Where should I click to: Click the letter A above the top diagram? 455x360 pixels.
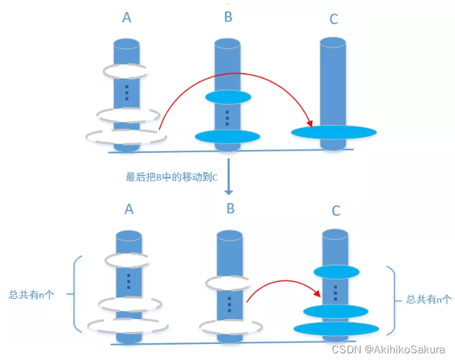tap(127, 17)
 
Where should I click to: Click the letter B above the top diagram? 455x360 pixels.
tap(229, 17)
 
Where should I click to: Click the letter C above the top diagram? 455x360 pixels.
tap(333, 19)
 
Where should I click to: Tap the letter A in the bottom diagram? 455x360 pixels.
tap(129, 209)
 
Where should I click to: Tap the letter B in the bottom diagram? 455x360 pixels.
tap(230, 208)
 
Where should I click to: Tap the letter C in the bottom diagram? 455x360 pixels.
tap(336, 211)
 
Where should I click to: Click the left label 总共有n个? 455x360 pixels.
tap(33, 294)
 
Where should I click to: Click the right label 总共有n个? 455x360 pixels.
tap(429, 300)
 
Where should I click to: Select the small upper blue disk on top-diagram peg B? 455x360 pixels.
tap(228, 97)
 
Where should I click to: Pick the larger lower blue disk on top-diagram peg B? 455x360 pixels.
tap(227, 136)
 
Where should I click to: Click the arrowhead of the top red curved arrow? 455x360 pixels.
tap(309, 124)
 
